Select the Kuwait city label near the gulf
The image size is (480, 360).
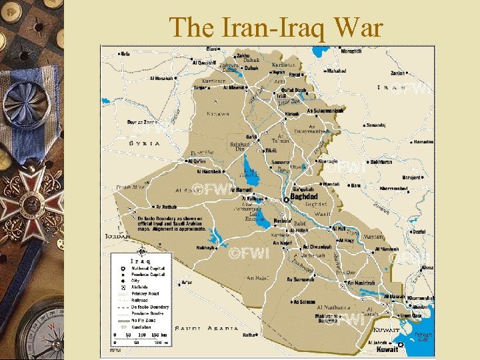click(x=387, y=349)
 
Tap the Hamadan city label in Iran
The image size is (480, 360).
click(x=423, y=142)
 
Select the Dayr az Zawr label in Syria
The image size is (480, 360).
click(x=141, y=123)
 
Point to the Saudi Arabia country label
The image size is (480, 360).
click(x=207, y=328)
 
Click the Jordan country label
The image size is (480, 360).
click(x=117, y=235)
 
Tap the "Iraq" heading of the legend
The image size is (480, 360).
click(x=139, y=261)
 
